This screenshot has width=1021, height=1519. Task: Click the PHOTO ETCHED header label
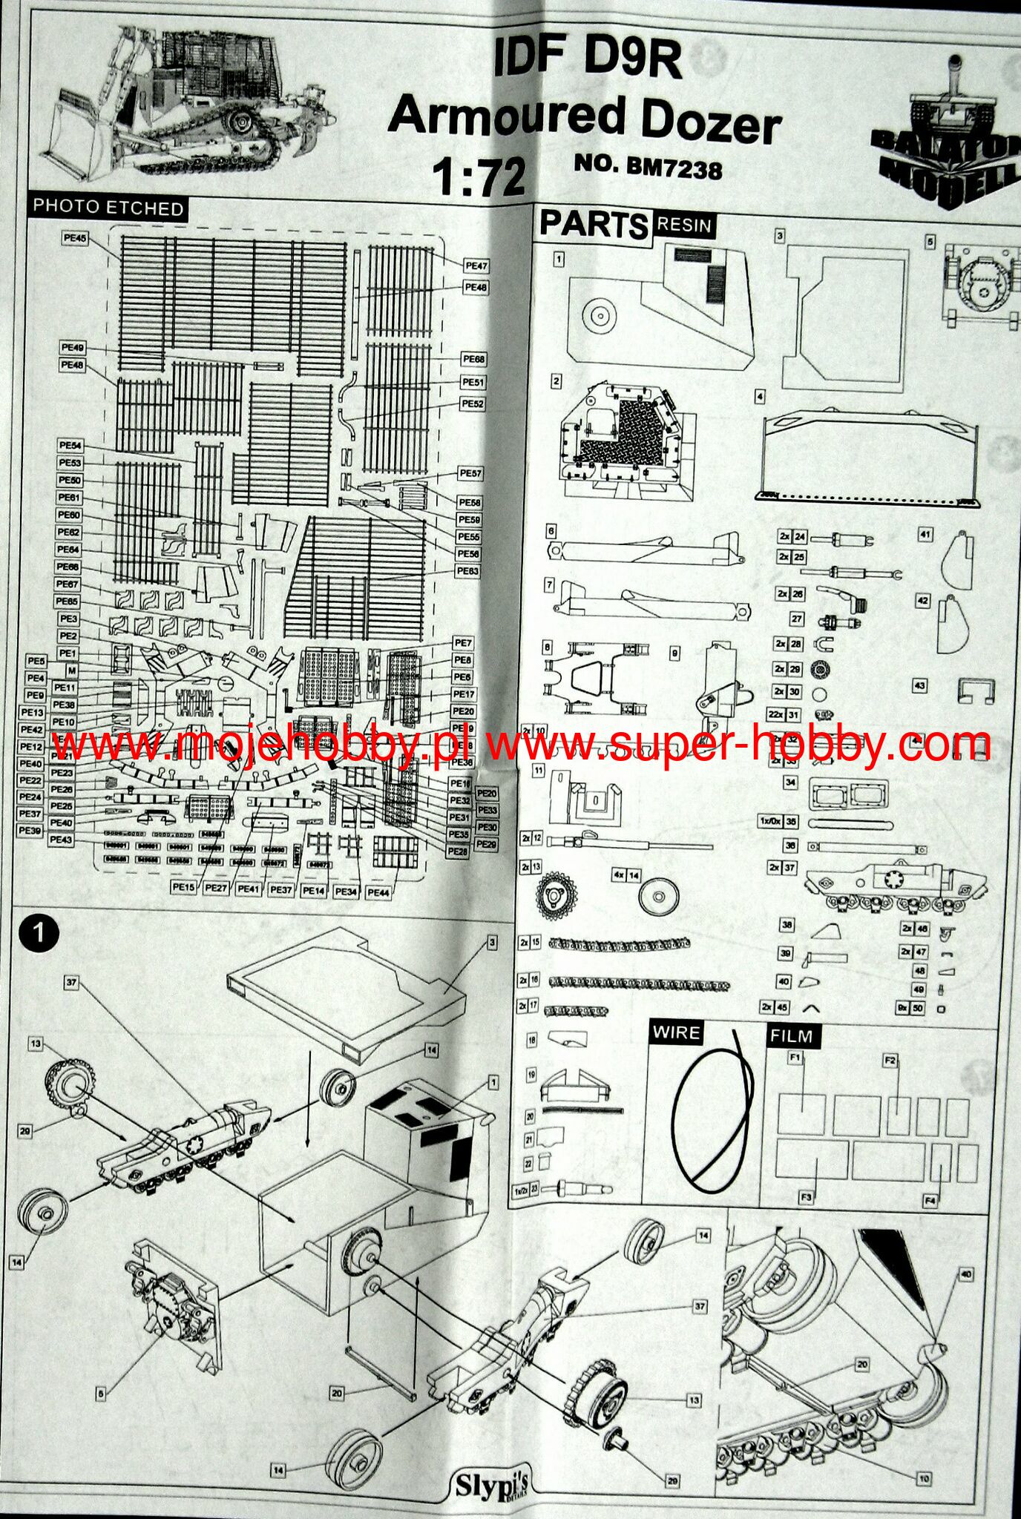coord(108,208)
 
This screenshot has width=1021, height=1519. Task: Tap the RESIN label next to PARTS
coord(683,225)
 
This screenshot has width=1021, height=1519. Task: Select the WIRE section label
coord(675,1033)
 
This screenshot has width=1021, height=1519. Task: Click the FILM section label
coord(791,1036)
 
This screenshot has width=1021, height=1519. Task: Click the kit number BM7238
coord(674,169)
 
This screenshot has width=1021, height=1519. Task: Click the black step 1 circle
coord(39,932)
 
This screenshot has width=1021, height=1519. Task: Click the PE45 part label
coord(74,238)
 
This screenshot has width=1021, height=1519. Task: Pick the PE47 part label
coord(476,266)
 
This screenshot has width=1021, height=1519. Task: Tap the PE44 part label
coord(378,892)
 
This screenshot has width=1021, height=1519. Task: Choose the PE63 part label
coord(467,571)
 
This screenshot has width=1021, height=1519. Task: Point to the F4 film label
coord(930,1202)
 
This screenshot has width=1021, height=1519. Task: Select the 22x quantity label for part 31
coord(776,715)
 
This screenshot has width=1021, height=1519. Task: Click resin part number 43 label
coord(920,685)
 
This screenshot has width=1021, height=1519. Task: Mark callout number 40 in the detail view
coord(965,1274)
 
